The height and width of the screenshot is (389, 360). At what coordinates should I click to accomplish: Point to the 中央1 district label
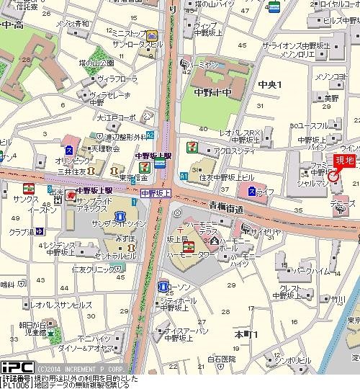pyautogui.click(x=270, y=85)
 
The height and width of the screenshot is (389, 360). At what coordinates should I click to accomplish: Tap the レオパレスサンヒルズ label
pyautogui.click(x=61, y=305)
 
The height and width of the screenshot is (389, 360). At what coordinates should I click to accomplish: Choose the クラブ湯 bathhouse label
pyautogui.click(x=22, y=233)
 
